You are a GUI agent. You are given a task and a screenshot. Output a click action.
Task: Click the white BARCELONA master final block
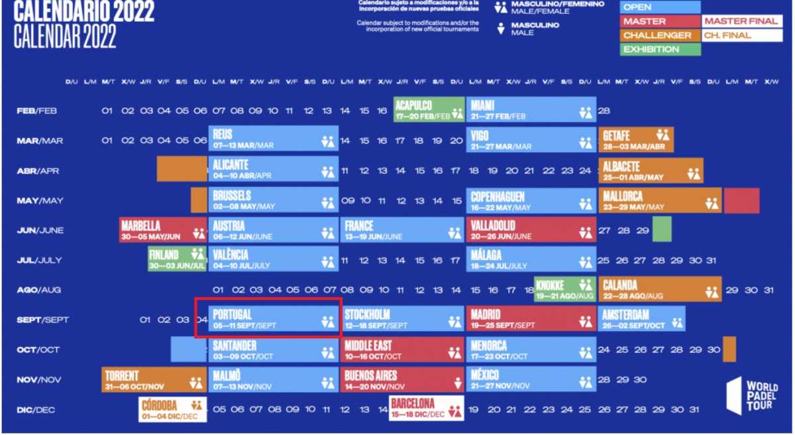(x=426, y=409)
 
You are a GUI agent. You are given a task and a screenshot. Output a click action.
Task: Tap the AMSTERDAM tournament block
(x=642, y=318)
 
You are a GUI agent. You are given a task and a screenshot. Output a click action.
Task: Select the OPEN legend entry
(x=660, y=7)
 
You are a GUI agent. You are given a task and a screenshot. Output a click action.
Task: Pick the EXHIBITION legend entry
(x=660, y=49)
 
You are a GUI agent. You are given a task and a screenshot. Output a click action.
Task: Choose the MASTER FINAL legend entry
(x=741, y=21)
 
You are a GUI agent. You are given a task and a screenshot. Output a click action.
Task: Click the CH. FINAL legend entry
(x=741, y=35)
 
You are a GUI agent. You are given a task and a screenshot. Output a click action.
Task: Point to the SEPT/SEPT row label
(x=43, y=320)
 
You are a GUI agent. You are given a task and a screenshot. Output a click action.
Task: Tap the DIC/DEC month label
(x=36, y=410)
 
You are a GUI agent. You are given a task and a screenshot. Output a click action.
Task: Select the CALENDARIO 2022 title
(x=84, y=11)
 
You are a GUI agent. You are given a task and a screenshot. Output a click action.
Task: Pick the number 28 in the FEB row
(x=604, y=111)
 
